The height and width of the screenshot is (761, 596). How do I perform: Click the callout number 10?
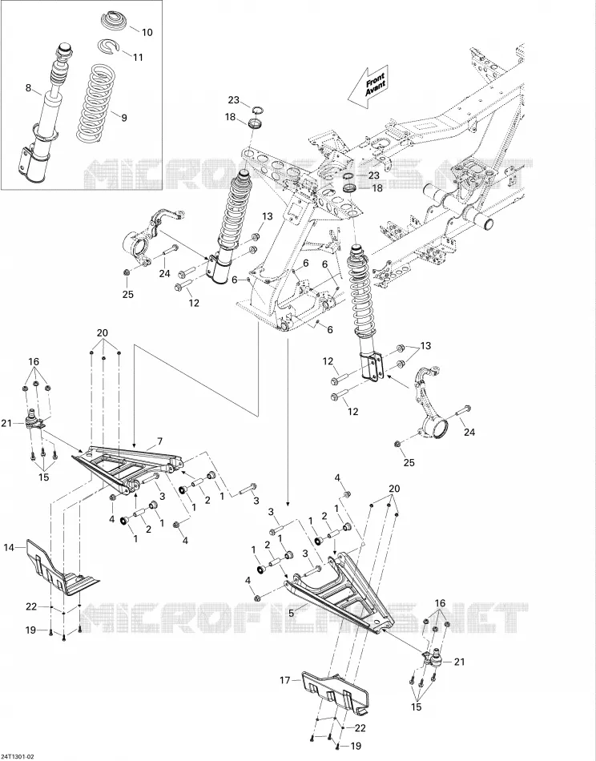click(147, 32)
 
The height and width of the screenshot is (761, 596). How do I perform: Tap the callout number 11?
click(138, 57)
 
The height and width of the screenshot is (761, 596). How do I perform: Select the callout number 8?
click(28, 88)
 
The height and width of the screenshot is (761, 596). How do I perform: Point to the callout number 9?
click(123, 118)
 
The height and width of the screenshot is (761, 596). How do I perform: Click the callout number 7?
click(159, 441)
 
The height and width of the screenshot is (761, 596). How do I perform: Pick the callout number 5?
click(292, 613)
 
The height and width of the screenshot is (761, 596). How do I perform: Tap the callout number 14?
click(10, 547)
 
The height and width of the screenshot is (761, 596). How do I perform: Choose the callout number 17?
click(285, 680)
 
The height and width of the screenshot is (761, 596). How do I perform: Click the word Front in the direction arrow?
click(374, 79)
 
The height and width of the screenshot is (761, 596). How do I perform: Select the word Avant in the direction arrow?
click(377, 87)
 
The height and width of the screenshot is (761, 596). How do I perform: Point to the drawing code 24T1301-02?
click(18, 757)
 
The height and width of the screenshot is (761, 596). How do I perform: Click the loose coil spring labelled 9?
click(95, 102)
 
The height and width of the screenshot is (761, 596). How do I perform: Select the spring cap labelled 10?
click(116, 21)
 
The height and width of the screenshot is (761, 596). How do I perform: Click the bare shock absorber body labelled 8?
click(44, 114)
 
